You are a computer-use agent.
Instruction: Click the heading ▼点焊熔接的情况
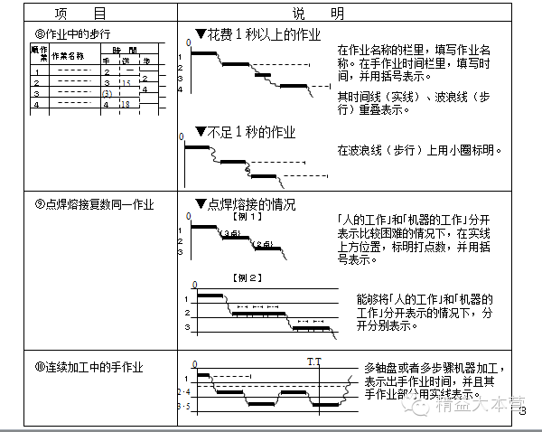[x=245, y=204]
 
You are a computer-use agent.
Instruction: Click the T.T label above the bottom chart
[x=313, y=362]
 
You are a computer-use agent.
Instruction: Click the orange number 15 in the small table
[x=126, y=82]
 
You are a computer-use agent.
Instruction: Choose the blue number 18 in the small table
[x=126, y=105]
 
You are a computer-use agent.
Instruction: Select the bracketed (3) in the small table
[x=107, y=94]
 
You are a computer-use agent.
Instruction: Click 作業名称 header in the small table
[x=67, y=55]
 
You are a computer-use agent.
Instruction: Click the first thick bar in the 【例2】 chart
[x=210, y=296]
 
